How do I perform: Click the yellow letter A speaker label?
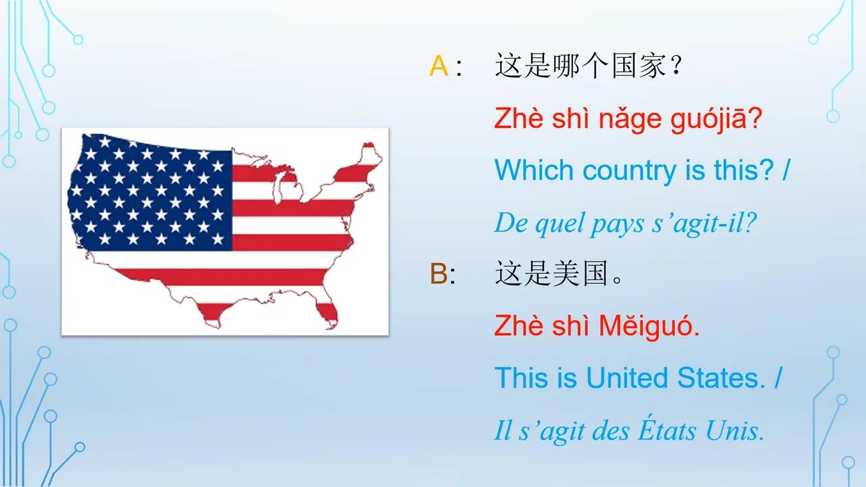tap(438, 67)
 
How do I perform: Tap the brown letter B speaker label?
tap(438, 275)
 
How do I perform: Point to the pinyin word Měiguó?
tap(649, 327)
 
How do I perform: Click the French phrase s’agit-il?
tap(711, 223)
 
